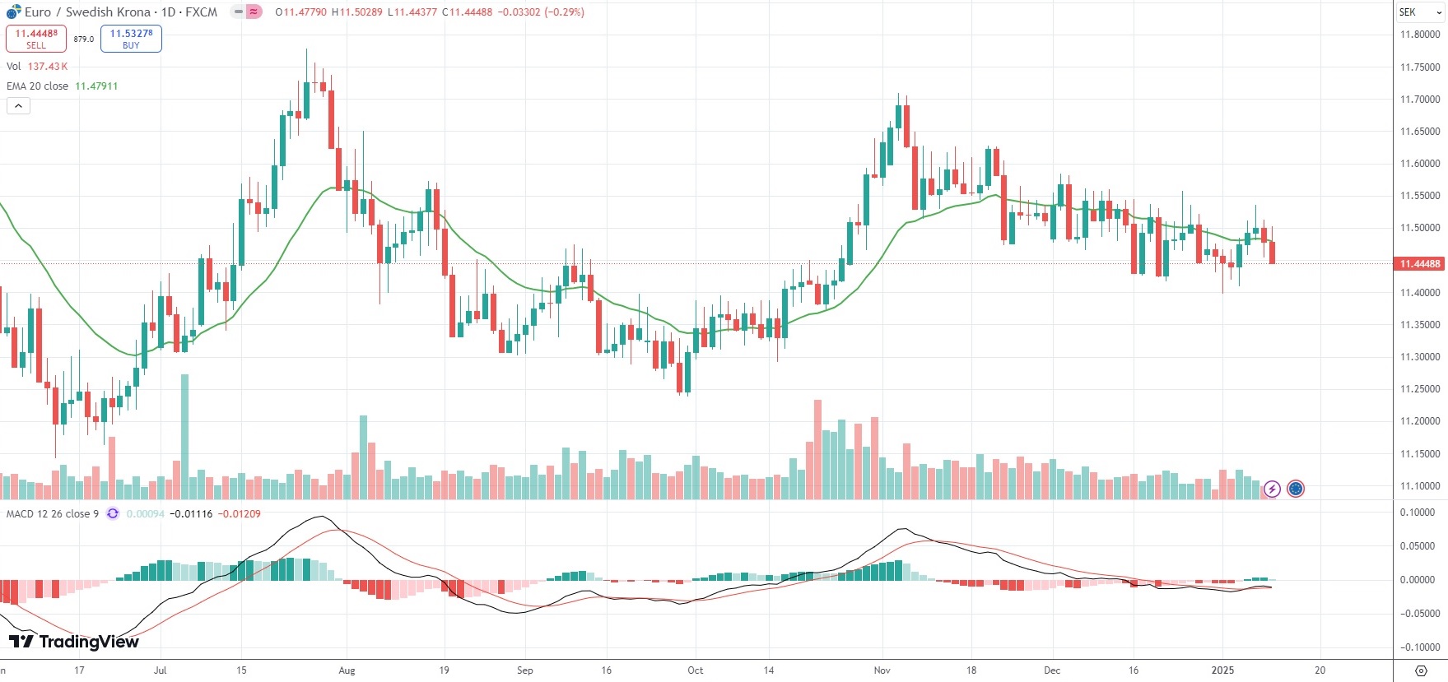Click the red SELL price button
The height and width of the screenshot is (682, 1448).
pyautogui.click(x=36, y=39)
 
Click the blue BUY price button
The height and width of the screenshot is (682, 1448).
pyautogui.click(x=131, y=39)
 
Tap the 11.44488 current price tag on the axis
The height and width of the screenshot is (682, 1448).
pyautogui.click(x=1420, y=264)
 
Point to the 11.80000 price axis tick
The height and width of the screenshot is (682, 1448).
pyautogui.click(x=1420, y=35)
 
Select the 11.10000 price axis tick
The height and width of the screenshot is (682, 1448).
pyautogui.click(x=1420, y=486)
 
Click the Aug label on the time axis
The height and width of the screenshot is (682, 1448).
pyautogui.click(x=347, y=670)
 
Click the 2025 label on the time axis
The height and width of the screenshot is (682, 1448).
pyautogui.click(x=1222, y=670)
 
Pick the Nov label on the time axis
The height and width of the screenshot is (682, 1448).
pyautogui.click(x=882, y=670)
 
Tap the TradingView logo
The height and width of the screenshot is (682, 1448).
pyautogui.click(x=74, y=642)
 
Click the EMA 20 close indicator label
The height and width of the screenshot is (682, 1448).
pyautogui.click(x=38, y=86)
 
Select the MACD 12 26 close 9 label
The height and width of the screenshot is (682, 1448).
pyautogui.click(x=53, y=514)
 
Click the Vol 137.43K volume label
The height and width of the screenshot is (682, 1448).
pyautogui.click(x=37, y=67)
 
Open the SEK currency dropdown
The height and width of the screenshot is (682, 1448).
pyautogui.click(x=1420, y=12)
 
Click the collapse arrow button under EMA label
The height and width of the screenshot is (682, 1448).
pyautogui.click(x=18, y=106)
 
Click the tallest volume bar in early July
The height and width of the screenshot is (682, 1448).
pyautogui.click(x=184, y=436)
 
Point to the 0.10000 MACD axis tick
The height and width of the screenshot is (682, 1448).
pyautogui.click(x=1418, y=513)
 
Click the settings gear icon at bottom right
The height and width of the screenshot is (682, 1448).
pyautogui.click(x=1420, y=670)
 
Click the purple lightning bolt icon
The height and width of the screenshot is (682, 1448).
pyautogui.click(x=1272, y=489)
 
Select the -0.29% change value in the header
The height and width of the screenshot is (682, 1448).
pyautogui.click(x=564, y=12)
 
